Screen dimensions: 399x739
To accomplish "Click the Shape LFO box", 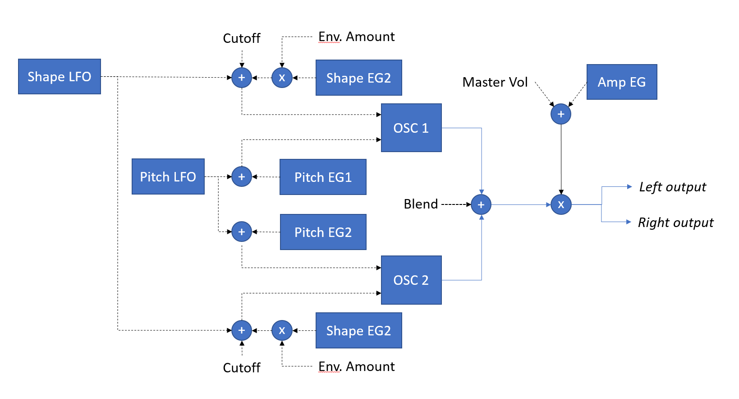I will [x=59, y=76].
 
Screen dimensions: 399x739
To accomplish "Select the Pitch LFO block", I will [x=168, y=176].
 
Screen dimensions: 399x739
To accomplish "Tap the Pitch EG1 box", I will [x=323, y=177].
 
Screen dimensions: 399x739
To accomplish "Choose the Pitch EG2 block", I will [x=323, y=232].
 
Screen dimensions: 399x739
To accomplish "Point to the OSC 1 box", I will [x=411, y=128].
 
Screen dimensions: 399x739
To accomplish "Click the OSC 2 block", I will [x=411, y=280].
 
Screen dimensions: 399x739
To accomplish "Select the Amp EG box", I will [x=621, y=82].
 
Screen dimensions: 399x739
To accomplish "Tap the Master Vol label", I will [x=495, y=82].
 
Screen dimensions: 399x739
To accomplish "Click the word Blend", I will [x=421, y=204].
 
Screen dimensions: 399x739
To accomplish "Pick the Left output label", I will [x=672, y=187].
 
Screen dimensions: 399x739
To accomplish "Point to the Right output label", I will [x=675, y=223].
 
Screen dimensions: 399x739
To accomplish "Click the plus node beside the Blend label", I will [x=481, y=204].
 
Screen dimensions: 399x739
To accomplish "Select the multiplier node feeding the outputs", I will [x=561, y=204].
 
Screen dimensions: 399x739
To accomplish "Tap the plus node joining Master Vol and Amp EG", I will [x=561, y=114].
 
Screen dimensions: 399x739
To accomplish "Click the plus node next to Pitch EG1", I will [x=242, y=177].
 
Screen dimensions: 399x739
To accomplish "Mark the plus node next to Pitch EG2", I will [x=242, y=232].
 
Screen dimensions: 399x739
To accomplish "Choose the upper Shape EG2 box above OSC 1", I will [x=358, y=78].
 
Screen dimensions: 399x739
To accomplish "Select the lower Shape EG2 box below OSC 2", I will [x=358, y=330].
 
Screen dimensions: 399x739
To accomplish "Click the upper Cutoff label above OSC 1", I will [x=242, y=38].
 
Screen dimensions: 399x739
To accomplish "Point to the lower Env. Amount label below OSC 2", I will [x=356, y=367].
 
